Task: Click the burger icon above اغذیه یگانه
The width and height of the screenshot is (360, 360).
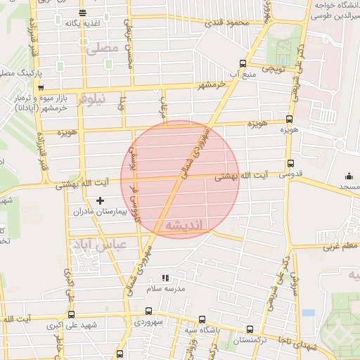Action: tap(83, 13)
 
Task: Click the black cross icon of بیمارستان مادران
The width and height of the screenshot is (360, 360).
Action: tap(100, 201)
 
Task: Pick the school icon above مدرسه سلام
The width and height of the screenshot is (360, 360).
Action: tap(165, 278)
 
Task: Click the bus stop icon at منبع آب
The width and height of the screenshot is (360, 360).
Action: tap(243, 62)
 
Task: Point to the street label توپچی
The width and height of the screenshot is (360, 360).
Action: tap(273, 70)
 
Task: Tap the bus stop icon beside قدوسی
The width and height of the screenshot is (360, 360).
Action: tap(290, 162)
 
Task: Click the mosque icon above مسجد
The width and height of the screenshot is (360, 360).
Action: tap(349, 176)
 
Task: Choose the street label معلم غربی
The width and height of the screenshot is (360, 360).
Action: tap(340, 247)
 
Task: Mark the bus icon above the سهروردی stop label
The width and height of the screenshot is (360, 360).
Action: tap(148, 310)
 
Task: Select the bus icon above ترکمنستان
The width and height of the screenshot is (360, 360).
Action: tap(250, 328)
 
